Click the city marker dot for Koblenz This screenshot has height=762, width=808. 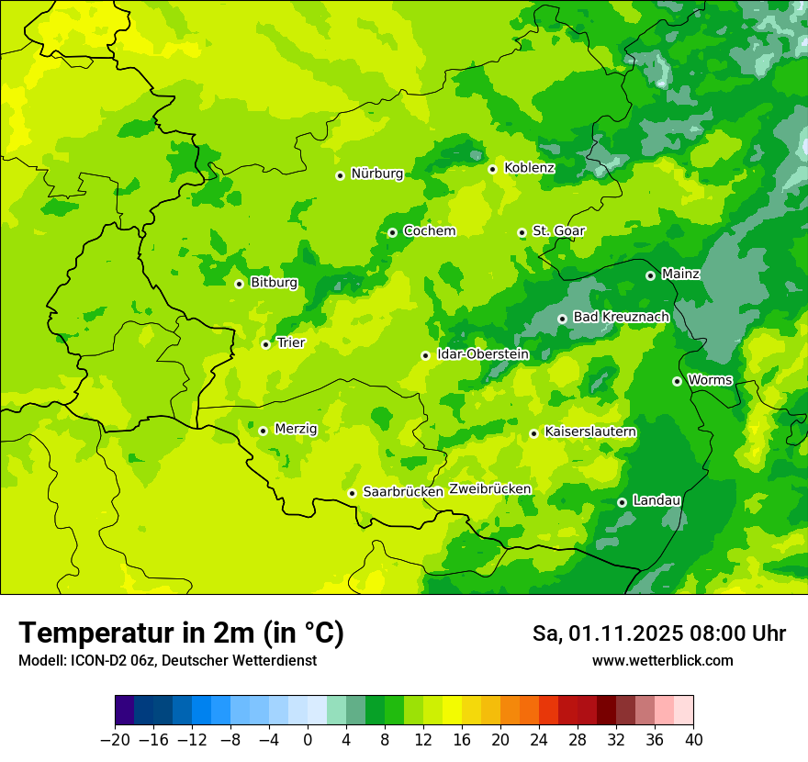492,169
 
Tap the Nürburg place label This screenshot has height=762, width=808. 376,174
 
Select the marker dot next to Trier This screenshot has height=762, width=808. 265,344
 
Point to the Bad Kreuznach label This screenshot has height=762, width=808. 621,317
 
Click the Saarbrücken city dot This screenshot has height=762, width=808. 352,493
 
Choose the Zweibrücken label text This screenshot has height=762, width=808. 490,488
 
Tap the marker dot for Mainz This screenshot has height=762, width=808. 650,275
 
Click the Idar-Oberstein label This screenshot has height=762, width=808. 483,353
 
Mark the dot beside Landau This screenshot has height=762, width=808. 622,502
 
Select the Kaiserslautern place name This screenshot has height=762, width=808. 590,431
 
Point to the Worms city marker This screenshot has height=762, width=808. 677,381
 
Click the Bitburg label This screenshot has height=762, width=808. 274,283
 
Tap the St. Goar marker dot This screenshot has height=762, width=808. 522,233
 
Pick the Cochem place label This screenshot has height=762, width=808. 429,231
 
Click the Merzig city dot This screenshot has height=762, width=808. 263,431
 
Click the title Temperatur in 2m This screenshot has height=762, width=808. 181,633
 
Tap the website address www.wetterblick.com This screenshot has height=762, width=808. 662,660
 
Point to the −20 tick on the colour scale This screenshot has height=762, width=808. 115,740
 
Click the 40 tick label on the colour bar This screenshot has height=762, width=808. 693,740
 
